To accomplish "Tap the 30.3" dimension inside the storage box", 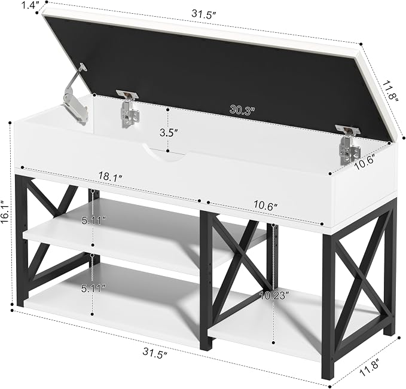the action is (x=242, y=110).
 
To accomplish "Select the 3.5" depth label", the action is (x=169, y=133).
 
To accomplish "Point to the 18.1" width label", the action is (x=110, y=177).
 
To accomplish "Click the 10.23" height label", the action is (x=274, y=295).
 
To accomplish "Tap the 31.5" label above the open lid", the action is (x=204, y=14).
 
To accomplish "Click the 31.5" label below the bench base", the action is (x=155, y=354).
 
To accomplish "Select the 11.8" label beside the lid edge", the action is (x=390, y=91).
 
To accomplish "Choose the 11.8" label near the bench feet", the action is (x=370, y=367).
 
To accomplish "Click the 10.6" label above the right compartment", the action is (x=265, y=206).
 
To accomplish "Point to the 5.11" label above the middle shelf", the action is (x=94, y=220).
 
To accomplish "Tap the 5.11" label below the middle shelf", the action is (x=93, y=289).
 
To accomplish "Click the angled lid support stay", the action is (x=75, y=94).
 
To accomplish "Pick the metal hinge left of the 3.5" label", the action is (x=129, y=108).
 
